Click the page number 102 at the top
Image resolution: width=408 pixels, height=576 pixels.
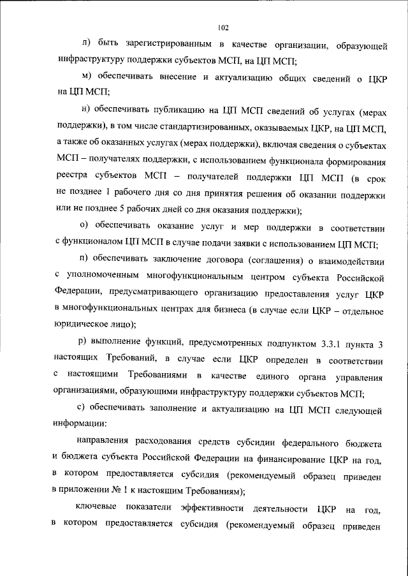222,27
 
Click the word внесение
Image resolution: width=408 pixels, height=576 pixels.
205,79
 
